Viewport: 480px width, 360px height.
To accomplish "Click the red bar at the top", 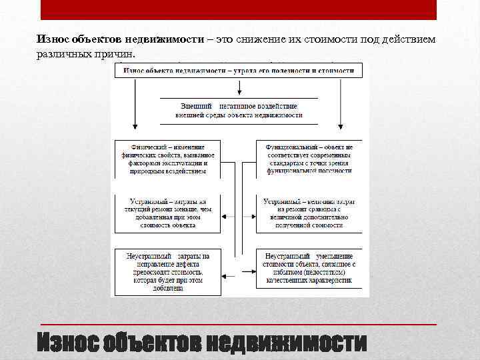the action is pos(239,9).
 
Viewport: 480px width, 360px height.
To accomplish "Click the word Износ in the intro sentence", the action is pos(53,39).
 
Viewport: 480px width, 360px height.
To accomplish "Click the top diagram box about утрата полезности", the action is pos(239,69).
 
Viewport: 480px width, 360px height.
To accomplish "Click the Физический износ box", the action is pos(167,159).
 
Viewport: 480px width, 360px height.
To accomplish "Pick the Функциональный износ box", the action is pos(309,159).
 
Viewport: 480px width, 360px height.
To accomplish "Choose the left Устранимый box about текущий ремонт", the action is pos(167,213).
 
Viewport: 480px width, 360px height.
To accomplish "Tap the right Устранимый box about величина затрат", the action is pos(309,213).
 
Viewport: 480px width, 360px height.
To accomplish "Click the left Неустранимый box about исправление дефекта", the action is pos(167,271).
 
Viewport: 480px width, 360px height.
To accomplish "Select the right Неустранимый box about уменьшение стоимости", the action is pos(309,271).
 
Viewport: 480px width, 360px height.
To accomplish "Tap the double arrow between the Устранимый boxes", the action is pos(238,217).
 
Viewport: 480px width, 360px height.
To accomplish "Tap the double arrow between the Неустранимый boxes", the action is pos(238,273).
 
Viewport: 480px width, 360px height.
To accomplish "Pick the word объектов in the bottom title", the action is pos(151,342).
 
